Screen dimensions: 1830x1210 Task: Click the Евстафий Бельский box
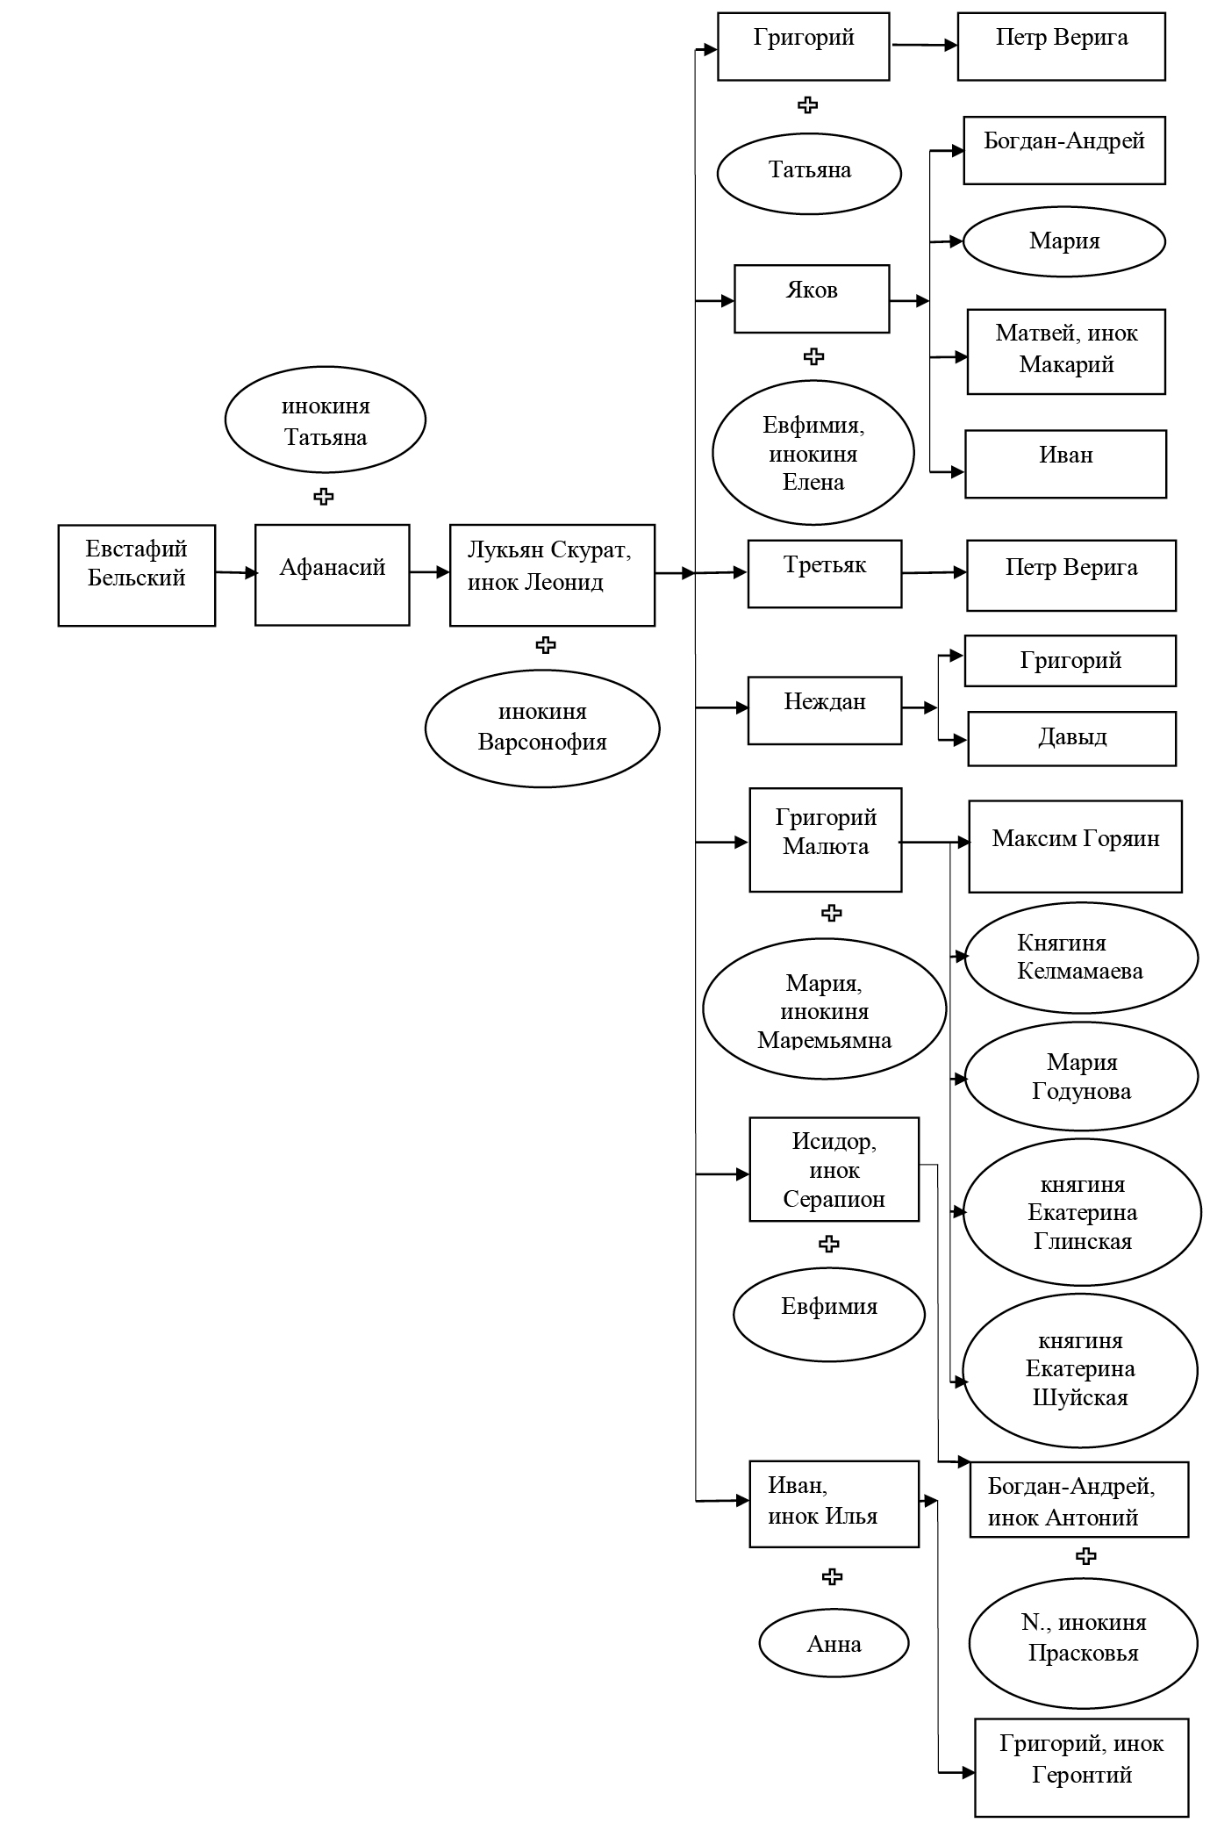click(136, 575)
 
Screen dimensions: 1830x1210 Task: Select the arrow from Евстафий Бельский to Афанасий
click(235, 573)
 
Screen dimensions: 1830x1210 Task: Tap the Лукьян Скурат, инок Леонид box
click(552, 575)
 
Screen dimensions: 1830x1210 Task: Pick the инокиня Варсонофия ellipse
click(542, 728)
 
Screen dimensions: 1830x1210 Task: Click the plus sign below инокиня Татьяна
click(324, 497)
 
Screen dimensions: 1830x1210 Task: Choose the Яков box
click(812, 298)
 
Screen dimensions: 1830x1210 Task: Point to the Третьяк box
click(825, 573)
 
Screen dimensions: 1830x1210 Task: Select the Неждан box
click(825, 710)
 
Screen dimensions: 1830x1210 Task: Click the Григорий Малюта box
click(825, 839)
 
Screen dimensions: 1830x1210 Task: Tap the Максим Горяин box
click(1075, 846)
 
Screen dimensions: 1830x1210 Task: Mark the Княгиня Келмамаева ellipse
click(1081, 958)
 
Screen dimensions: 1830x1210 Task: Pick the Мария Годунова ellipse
click(1081, 1077)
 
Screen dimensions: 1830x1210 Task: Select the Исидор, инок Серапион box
click(834, 1169)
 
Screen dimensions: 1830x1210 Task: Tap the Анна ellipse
click(834, 1644)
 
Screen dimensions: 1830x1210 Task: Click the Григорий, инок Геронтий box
click(1082, 1767)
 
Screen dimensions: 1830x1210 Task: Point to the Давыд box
click(1071, 738)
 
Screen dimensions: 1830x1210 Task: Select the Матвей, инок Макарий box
click(1066, 351)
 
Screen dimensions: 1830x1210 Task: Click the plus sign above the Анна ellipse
click(832, 1576)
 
